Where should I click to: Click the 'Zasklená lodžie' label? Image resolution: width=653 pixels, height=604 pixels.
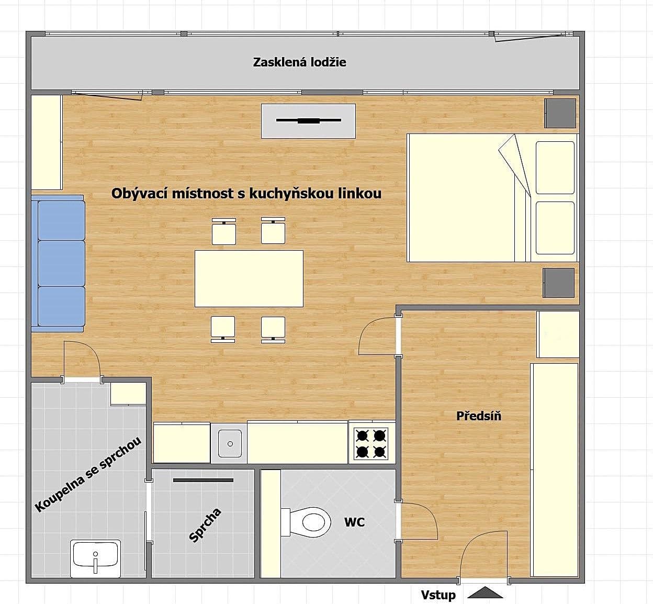point(299,62)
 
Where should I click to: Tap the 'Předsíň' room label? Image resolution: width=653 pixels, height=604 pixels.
point(478,416)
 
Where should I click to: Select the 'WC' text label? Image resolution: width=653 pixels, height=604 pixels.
point(354,522)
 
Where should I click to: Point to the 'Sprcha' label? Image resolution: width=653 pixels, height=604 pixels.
point(205,525)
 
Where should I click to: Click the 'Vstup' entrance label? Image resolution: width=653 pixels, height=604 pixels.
point(438,595)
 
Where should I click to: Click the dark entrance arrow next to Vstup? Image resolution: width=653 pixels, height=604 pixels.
point(485,593)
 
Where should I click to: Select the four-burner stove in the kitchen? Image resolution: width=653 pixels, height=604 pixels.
point(371,443)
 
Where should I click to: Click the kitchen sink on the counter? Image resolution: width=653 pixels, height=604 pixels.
point(229,443)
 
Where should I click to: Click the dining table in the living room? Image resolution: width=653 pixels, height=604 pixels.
point(249,278)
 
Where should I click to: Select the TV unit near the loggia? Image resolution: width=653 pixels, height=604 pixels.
point(308,121)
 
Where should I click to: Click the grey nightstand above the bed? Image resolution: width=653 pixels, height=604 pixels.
point(560,113)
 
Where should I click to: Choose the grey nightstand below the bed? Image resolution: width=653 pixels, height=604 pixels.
point(558,283)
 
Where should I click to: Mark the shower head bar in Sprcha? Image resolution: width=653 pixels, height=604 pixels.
point(203,480)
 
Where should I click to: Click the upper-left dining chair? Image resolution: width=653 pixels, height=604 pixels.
point(223,232)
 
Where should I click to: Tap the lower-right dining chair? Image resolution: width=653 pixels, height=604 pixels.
point(273,328)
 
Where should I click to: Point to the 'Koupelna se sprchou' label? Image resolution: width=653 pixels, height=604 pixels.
point(88,475)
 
